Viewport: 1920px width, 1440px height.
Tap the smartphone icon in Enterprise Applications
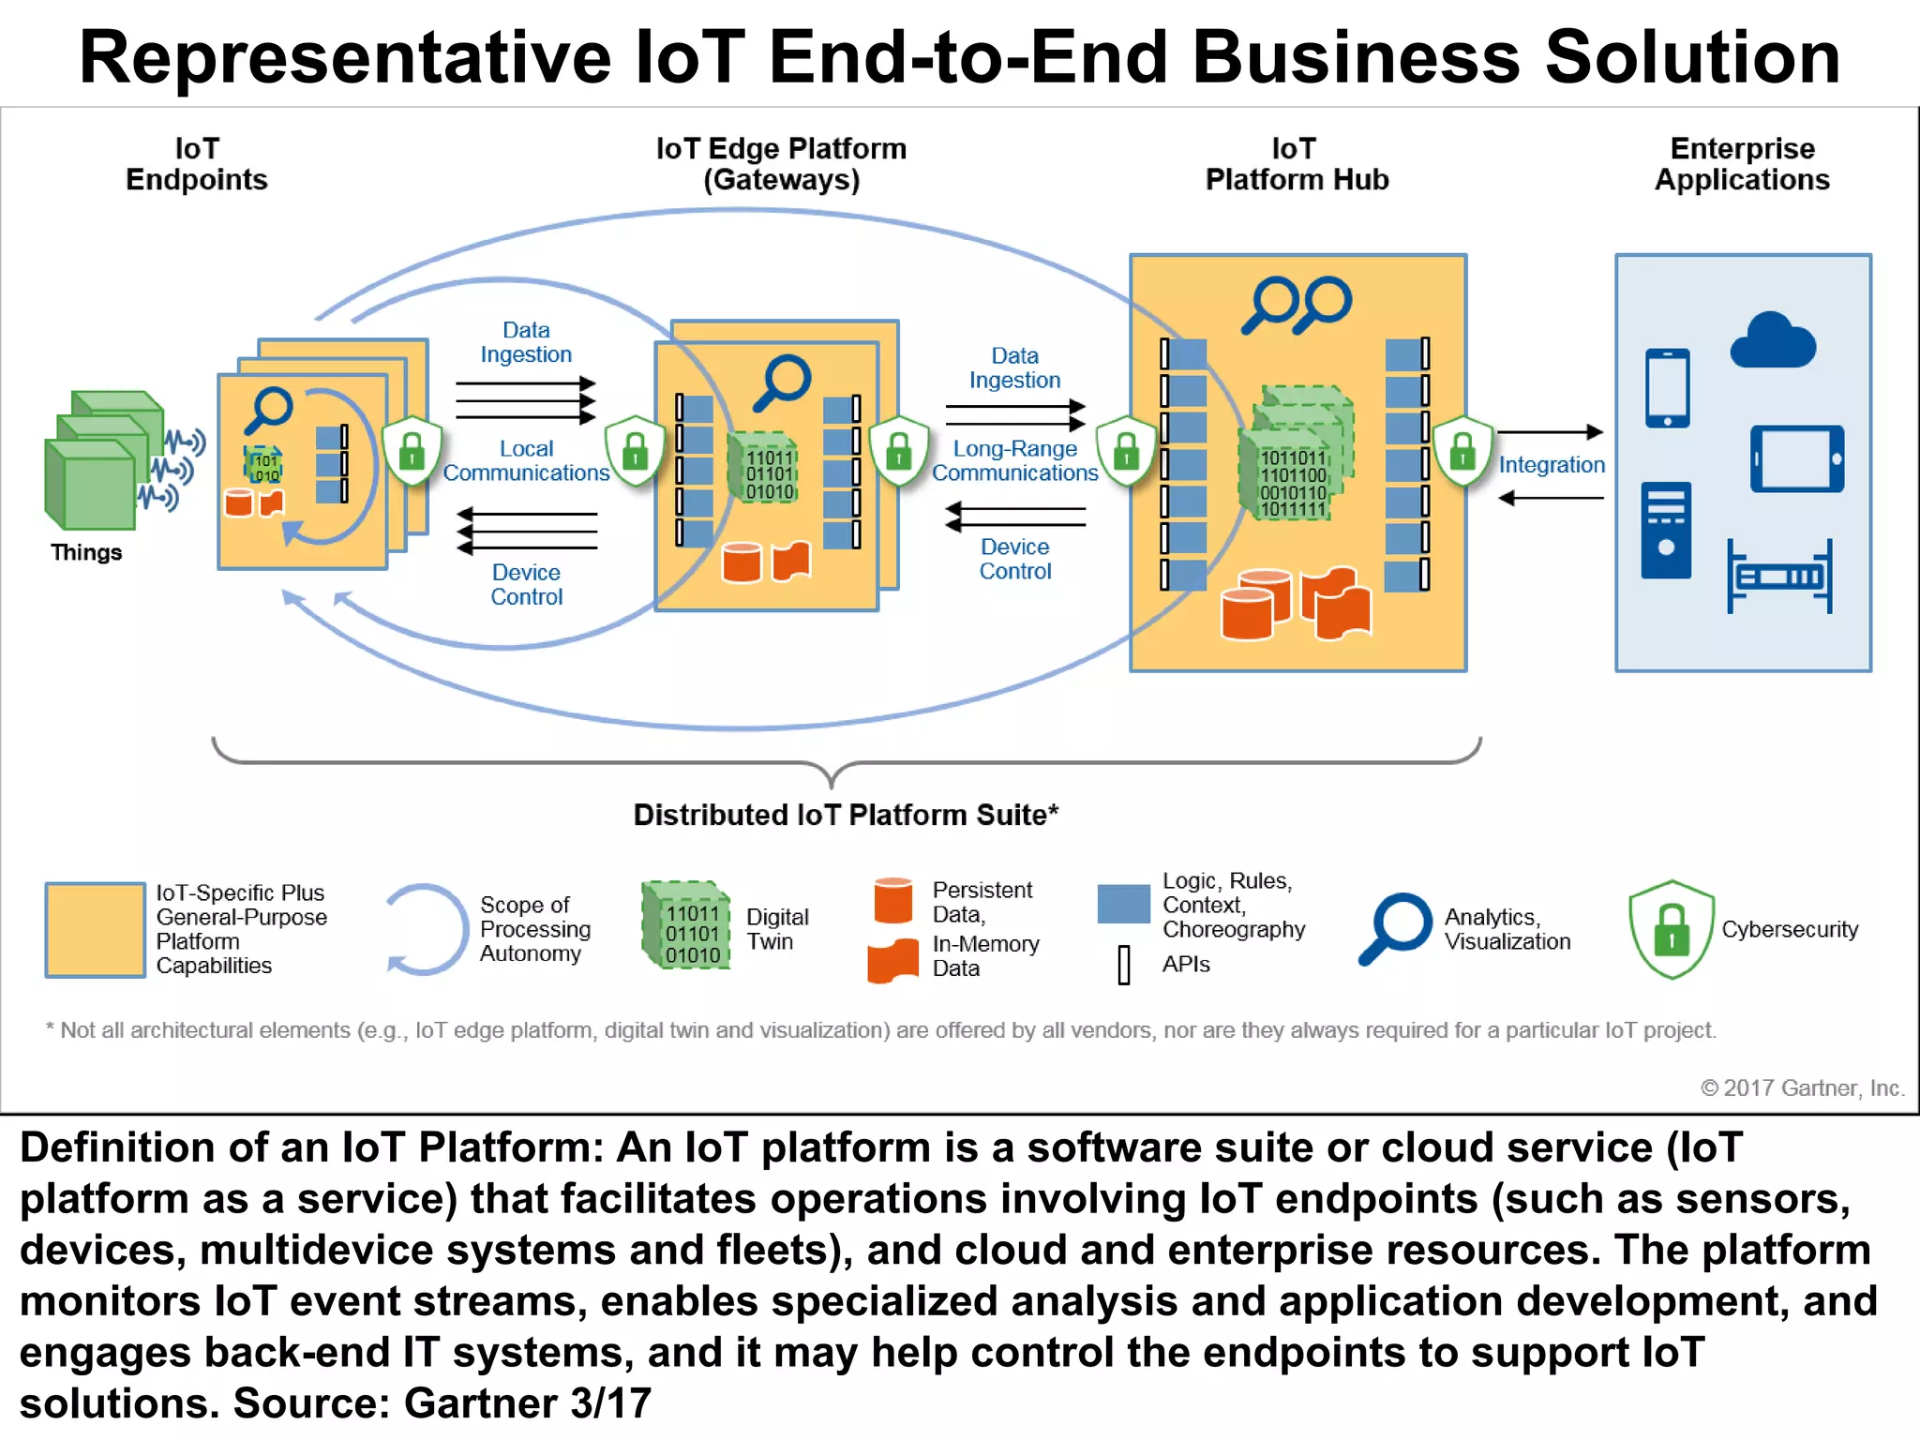point(1668,388)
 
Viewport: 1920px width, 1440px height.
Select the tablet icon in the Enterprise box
point(1796,459)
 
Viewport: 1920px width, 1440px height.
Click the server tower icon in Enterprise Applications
point(1666,531)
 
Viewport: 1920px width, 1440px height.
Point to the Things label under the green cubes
point(86,552)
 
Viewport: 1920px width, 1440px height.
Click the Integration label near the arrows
point(1552,465)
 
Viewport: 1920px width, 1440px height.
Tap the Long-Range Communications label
point(1014,461)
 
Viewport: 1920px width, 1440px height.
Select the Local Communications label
point(526,461)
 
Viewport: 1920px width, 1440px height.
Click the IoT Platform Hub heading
point(1297,164)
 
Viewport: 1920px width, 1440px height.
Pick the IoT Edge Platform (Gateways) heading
point(781,164)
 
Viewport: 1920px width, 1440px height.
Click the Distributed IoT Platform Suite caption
point(846,815)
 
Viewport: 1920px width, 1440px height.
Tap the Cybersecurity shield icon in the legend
point(1672,929)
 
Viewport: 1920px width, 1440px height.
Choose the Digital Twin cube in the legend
point(686,926)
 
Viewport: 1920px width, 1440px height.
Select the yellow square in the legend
point(95,930)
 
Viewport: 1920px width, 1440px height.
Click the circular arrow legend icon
point(427,929)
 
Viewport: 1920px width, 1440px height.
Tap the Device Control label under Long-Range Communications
point(1015,559)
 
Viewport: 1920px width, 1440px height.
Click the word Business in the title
point(1357,58)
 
